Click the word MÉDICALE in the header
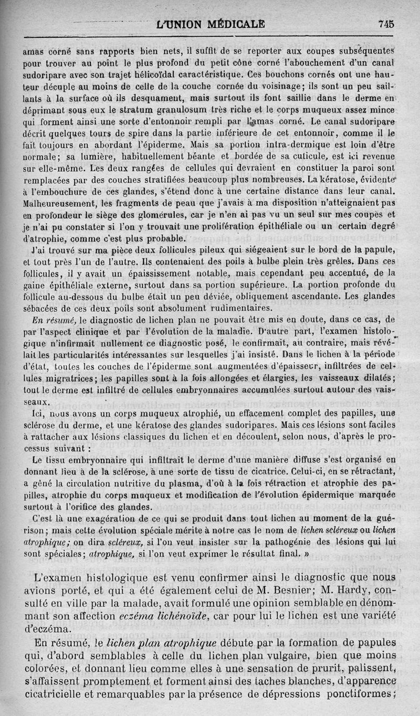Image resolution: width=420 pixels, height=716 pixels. [x=230, y=24]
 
